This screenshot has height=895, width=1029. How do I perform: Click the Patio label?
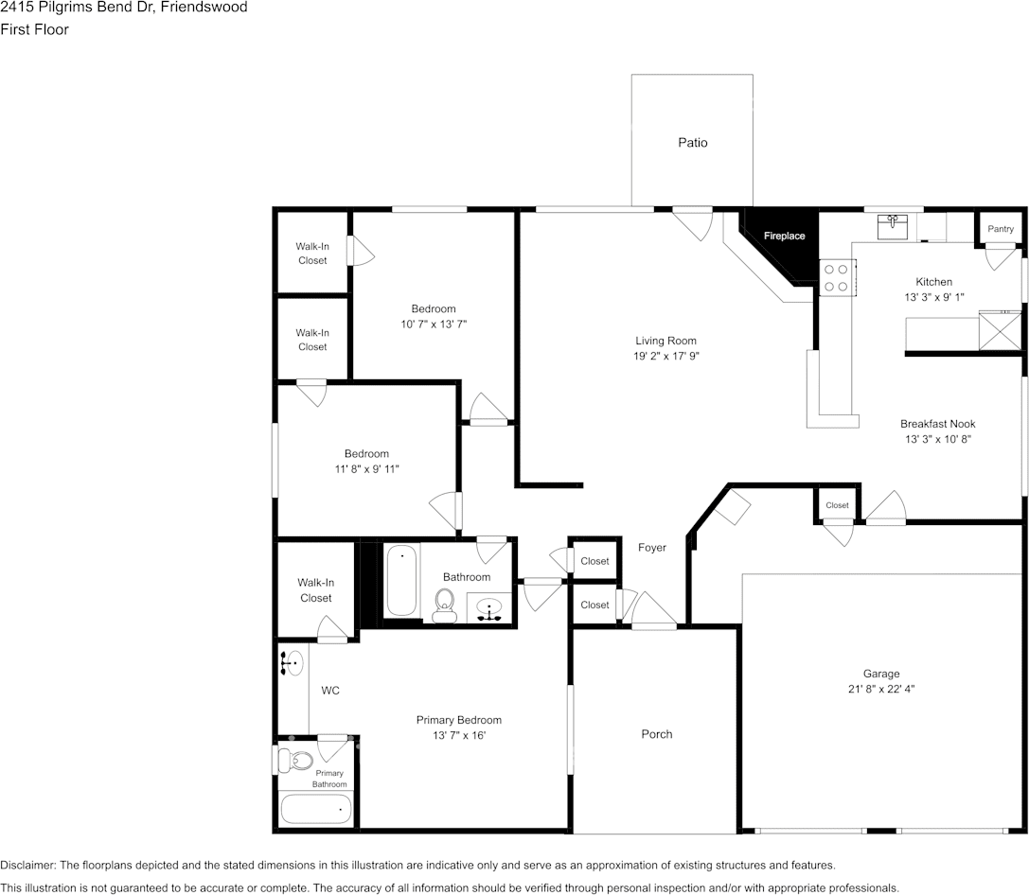coord(692,143)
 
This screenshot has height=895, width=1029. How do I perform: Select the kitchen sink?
coord(892,226)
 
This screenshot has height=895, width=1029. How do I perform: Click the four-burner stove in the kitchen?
coord(835,277)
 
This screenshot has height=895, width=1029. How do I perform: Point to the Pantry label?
coord(1001,229)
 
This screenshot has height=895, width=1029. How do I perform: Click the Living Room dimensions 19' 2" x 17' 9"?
coord(665,357)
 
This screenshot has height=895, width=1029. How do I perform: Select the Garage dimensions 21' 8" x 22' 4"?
coord(880,690)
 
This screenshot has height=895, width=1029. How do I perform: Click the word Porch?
coord(656,734)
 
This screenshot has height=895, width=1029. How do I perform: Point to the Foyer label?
coord(651,548)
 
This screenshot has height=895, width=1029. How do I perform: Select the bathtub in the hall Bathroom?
coord(401,581)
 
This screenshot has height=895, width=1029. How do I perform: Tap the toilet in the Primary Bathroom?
coord(298,760)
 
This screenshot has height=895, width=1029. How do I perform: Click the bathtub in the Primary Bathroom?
coord(316,809)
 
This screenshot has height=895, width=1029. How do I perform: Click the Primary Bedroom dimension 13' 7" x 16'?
coord(458,735)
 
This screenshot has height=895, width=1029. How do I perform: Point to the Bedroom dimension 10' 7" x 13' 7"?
coord(433,324)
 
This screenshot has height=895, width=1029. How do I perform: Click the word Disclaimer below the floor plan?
coord(27,865)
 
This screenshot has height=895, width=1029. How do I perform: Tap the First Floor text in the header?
coord(34,29)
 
